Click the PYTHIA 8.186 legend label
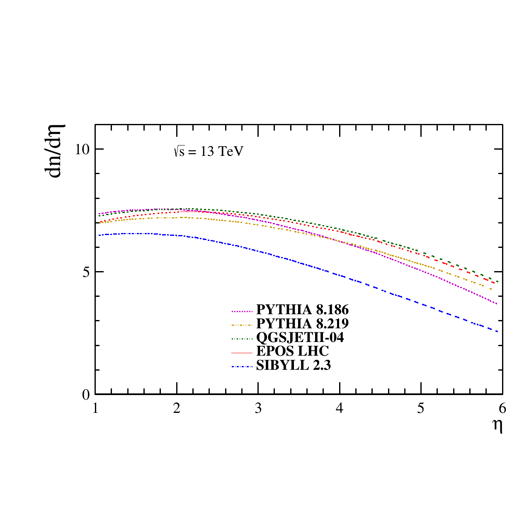(x=302, y=310)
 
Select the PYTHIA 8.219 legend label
(x=302, y=323)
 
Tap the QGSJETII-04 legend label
(x=300, y=337)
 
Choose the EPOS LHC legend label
(x=292, y=351)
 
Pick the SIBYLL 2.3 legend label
(x=294, y=365)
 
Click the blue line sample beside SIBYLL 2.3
(x=242, y=366)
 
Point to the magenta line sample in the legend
(x=242, y=311)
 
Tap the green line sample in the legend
(x=242, y=339)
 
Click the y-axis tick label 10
(x=83, y=150)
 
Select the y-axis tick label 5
(x=86, y=272)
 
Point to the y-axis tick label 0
(x=86, y=395)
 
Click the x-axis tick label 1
(x=95, y=408)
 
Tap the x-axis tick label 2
(x=177, y=408)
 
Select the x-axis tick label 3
(x=258, y=408)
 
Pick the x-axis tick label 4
(x=339, y=408)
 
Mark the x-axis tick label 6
(x=502, y=408)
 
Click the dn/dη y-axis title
(x=54, y=151)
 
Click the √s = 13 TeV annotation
(x=209, y=151)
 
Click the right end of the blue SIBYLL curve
(x=497, y=332)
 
